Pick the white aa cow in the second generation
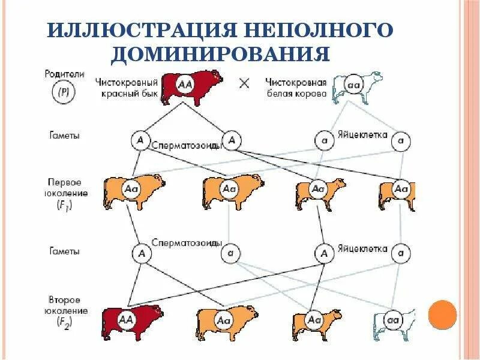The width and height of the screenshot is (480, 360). tap(393, 322)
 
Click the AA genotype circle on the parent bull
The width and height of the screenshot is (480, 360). tap(185, 85)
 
